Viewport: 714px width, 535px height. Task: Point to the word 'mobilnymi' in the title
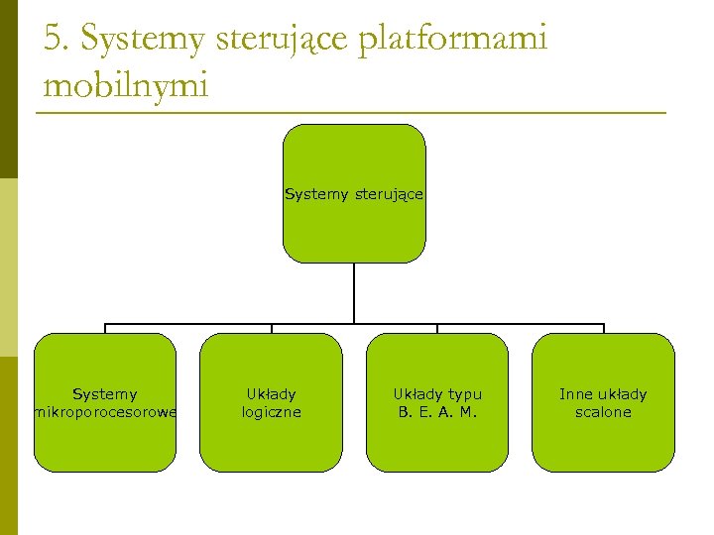[126, 85]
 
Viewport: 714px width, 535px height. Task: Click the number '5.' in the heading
[58, 40]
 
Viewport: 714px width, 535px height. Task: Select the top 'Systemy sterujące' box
[354, 228]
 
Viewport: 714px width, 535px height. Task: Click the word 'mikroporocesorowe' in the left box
[106, 412]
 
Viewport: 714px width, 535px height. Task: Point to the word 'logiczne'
[272, 412]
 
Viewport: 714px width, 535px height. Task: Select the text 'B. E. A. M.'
[437, 412]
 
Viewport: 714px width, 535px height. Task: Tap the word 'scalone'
[603, 412]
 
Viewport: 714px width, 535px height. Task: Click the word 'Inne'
[576, 394]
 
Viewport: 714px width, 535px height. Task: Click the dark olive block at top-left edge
[9, 89]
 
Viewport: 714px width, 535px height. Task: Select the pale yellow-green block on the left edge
[9, 267]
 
